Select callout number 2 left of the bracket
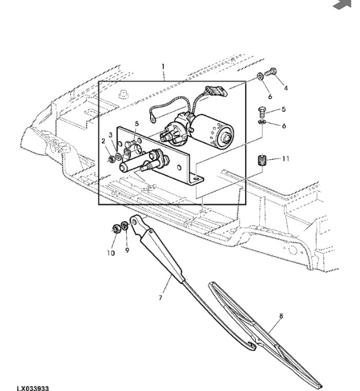point(104,141)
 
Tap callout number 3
point(112,135)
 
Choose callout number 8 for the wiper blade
point(281,316)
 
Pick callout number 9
point(128,250)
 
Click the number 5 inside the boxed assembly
point(137,123)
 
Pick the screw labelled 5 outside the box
point(261,110)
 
